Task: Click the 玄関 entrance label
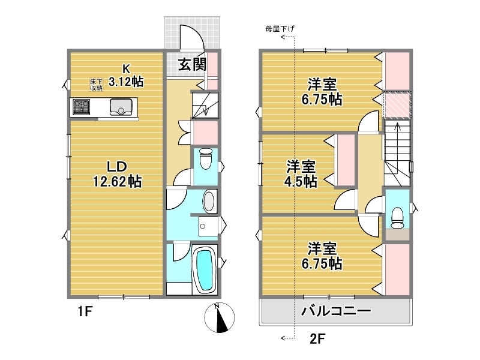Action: click(x=192, y=65)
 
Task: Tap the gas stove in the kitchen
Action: click(x=82, y=107)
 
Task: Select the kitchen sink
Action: click(x=121, y=107)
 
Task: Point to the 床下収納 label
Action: click(x=96, y=85)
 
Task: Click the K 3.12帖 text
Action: click(x=126, y=76)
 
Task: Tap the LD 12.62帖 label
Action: click(x=117, y=174)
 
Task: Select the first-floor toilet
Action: click(x=205, y=158)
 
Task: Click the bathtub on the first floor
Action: click(x=204, y=271)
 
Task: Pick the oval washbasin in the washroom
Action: click(x=209, y=201)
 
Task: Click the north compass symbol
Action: click(x=220, y=317)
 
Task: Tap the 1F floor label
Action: click(x=85, y=311)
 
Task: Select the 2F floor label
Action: click(x=317, y=339)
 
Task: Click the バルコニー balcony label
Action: click(x=336, y=311)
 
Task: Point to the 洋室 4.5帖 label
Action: click(x=301, y=174)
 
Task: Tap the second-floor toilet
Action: click(x=398, y=218)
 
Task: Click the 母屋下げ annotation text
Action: click(x=280, y=29)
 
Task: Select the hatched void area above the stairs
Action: click(x=397, y=104)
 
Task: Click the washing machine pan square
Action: click(x=208, y=226)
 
